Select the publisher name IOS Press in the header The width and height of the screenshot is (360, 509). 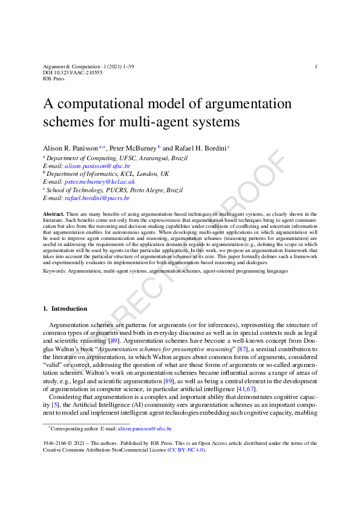pos(54,79)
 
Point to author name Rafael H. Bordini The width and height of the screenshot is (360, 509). pos(199,148)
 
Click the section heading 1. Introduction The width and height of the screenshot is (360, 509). pos(65,309)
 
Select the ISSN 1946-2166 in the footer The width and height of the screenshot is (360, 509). pos(56,443)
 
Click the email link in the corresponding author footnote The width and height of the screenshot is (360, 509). pos(145,428)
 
